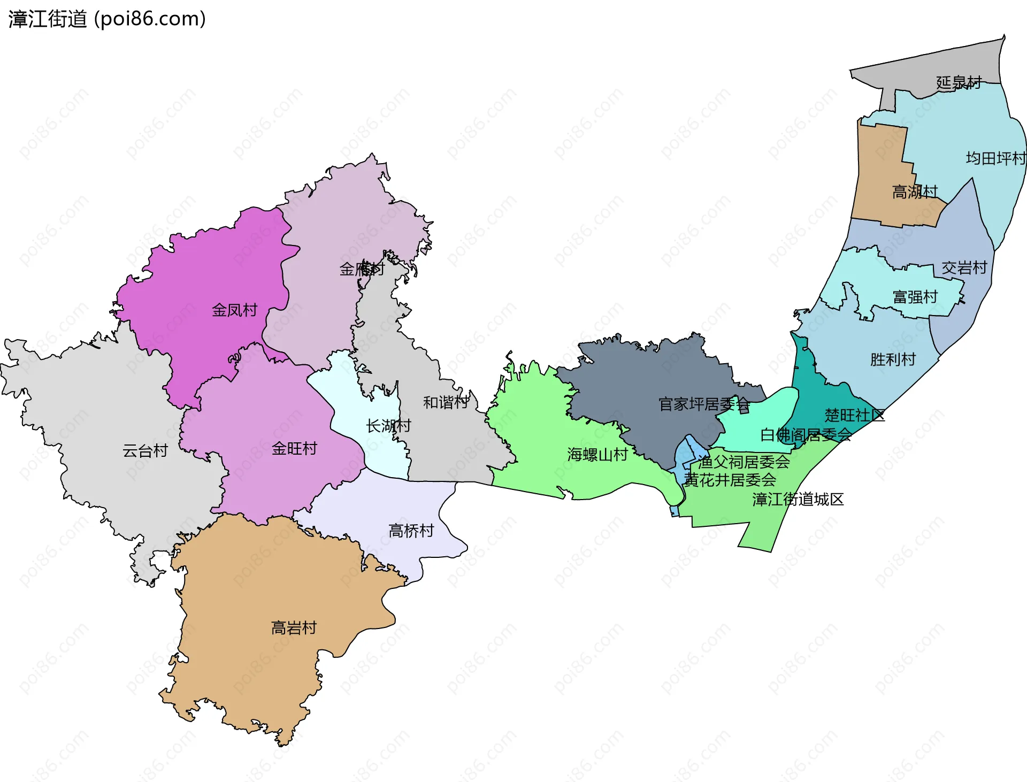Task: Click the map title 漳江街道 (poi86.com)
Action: [107, 19]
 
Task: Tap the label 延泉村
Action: [959, 82]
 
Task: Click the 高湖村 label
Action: [915, 191]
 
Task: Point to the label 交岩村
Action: [964, 267]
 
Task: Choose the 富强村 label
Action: [915, 297]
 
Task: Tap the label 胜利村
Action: [893, 359]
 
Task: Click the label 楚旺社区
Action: [854, 415]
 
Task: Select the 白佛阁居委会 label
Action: [806, 435]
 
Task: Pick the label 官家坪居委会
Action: [704, 404]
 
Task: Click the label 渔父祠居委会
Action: [744, 462]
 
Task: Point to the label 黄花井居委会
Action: [730, 480]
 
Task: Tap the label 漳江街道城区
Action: [798, 500]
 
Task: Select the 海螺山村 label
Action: [597, 455]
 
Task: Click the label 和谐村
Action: [446, 402]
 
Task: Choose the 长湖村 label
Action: [388, 426]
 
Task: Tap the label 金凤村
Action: [234, 310]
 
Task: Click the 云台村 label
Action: [145, 451]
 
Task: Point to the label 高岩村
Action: [294, 627]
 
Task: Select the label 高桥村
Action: [411, 531]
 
